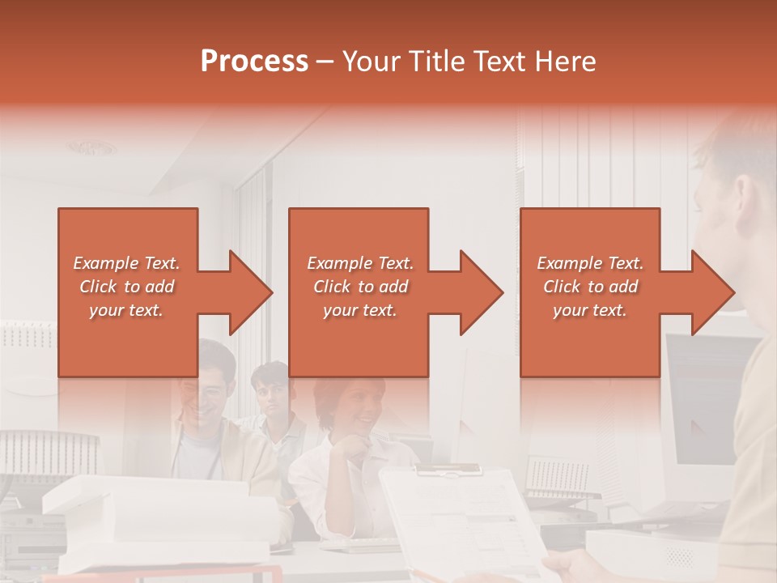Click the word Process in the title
(x=254, y=62)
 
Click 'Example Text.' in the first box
(x=127, y=263)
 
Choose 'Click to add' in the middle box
(x=360, y=287)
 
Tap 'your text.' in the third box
(x=590, y=310)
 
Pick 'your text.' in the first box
(x=127, y=310)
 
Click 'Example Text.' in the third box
(x=590, y=263)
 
